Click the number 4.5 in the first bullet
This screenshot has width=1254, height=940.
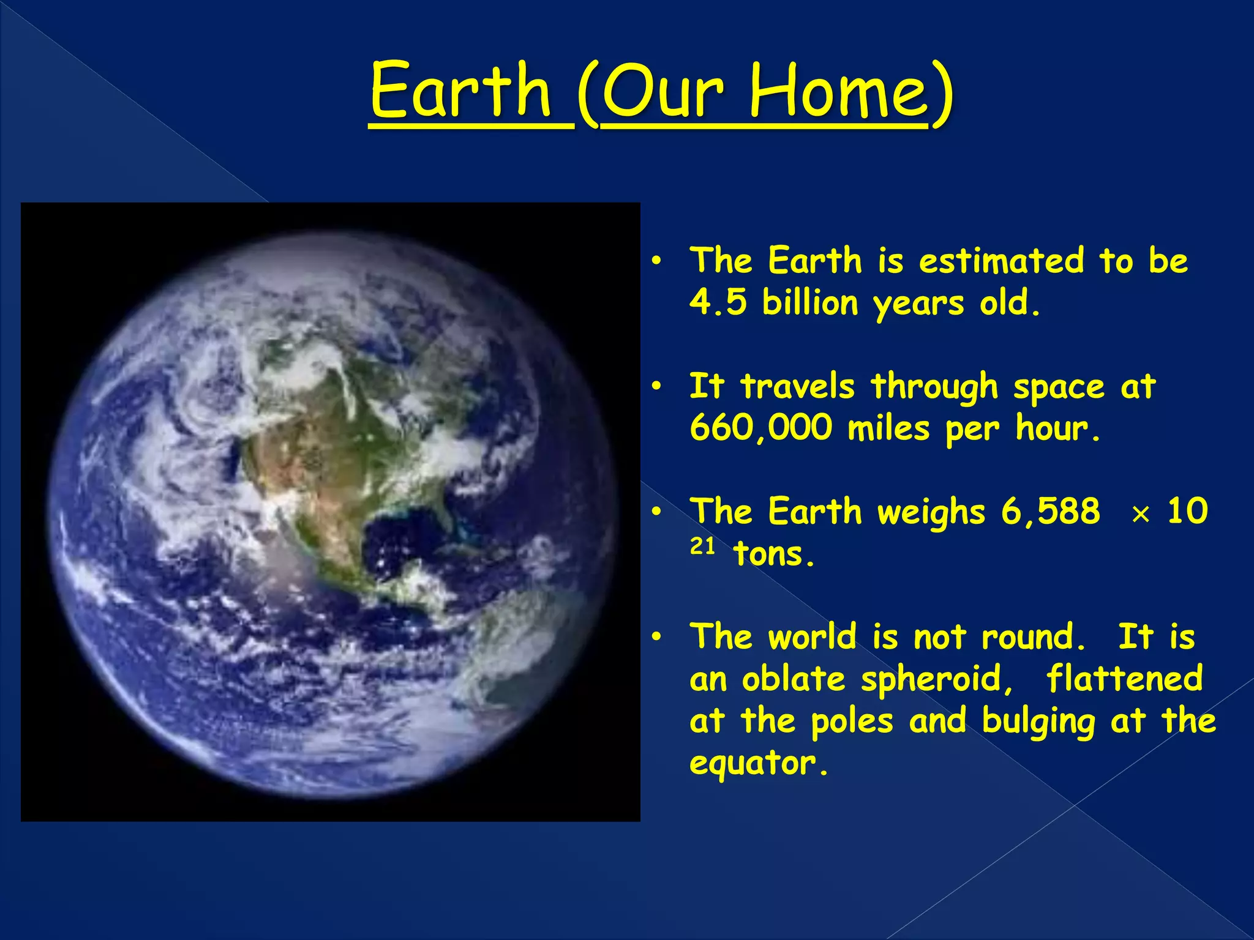point(718,302)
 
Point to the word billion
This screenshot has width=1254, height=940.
point(809,302)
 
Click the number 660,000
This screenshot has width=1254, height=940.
point(760,428)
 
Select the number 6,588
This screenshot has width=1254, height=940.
point(1050,511)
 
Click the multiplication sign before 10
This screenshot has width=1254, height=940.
point(1139,515)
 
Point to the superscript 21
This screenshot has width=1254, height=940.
point(702,545)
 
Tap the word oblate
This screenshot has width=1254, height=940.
point(793,679)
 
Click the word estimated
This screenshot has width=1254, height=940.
point(1001,261)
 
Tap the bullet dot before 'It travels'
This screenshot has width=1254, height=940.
point(656,387)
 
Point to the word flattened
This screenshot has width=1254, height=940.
point(1124,679)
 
